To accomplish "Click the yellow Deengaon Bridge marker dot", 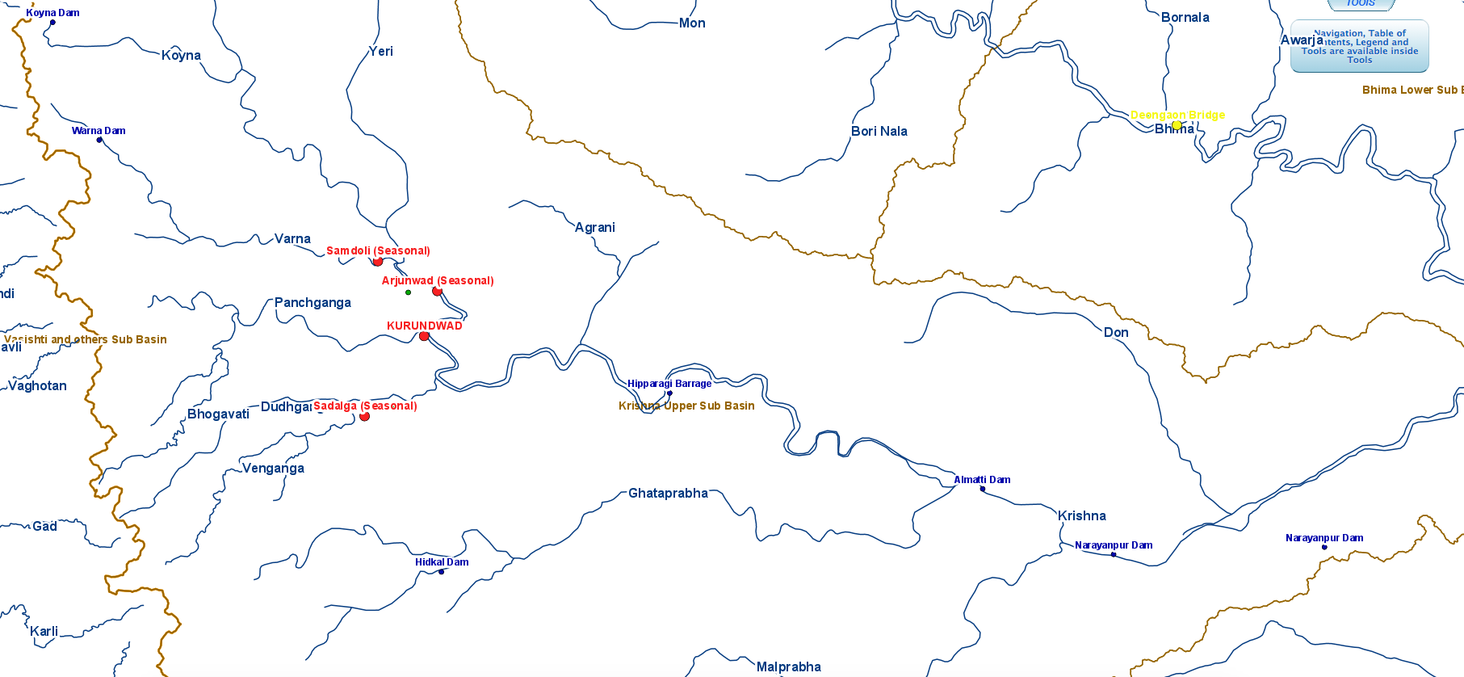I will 1177,125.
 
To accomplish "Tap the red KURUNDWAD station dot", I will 424,336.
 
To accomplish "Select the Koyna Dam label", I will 52,13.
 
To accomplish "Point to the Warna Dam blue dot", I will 99,140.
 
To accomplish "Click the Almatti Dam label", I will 982,480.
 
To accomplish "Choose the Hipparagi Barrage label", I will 669,384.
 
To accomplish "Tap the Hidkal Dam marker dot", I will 441,572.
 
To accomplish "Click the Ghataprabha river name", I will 668,494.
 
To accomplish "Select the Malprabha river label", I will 788,667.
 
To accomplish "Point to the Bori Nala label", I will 879,132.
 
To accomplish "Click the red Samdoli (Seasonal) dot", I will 377,262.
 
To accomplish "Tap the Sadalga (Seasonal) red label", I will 365,406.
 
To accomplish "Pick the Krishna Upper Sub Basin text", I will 686,406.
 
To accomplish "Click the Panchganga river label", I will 313,303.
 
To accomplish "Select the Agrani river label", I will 594,228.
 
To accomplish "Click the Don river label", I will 1115,333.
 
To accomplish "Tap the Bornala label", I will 1185,18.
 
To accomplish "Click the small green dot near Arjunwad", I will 408,292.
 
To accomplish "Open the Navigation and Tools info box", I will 1359,47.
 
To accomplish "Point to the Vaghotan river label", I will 37,386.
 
